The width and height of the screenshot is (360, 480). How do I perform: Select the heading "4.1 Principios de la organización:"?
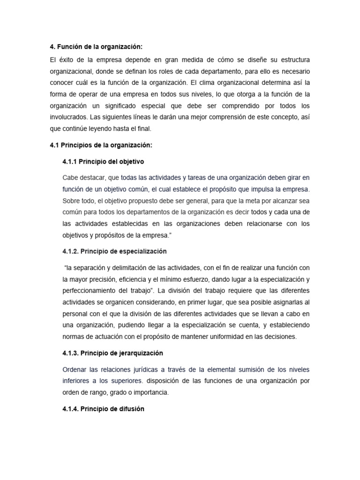101,145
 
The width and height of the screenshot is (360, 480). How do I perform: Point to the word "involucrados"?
69,117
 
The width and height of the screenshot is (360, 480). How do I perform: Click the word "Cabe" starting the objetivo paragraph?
70,178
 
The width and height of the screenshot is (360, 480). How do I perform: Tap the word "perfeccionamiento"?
91,291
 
